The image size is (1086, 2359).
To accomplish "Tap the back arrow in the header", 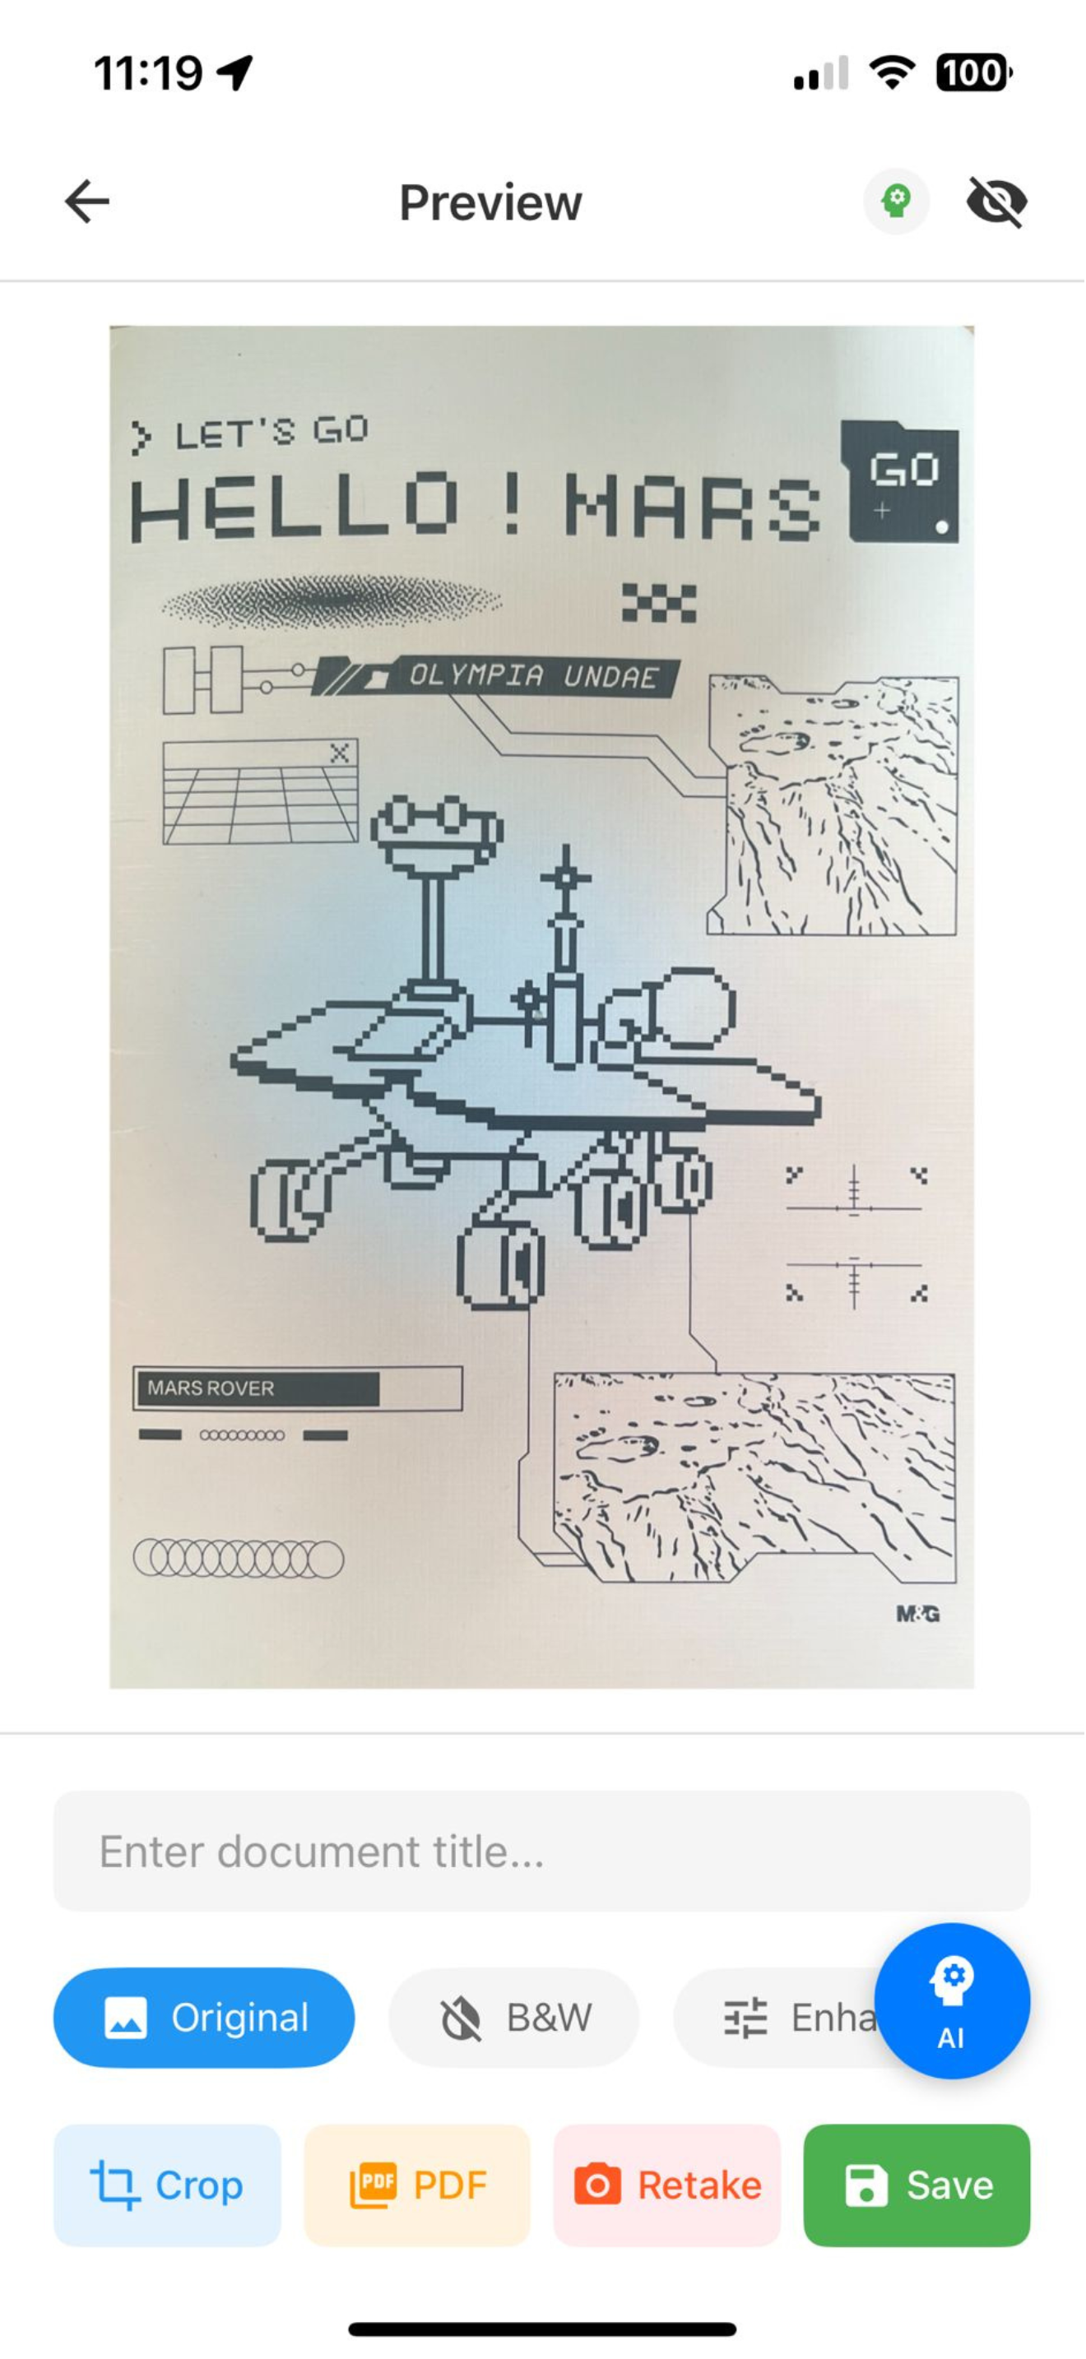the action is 87,202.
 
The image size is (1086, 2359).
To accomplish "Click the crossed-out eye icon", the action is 997,202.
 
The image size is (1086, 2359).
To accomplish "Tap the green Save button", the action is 917,2185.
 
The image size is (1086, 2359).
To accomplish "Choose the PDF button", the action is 418,2185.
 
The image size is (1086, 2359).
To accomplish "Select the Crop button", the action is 168,2185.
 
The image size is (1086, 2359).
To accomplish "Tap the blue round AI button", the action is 953,2001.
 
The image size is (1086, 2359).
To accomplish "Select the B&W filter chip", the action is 513,2018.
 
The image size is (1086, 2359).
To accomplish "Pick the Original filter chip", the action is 204,2018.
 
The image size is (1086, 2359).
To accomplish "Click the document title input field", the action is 542,1851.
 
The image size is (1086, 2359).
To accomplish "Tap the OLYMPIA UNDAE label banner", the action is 494,677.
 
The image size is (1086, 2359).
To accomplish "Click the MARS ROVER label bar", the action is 298,1388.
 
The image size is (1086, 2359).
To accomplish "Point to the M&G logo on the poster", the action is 917,1615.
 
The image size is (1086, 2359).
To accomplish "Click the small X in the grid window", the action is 340,753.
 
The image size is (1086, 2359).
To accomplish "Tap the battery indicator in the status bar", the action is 973,73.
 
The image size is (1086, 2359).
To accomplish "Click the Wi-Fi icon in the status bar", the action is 892,73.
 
